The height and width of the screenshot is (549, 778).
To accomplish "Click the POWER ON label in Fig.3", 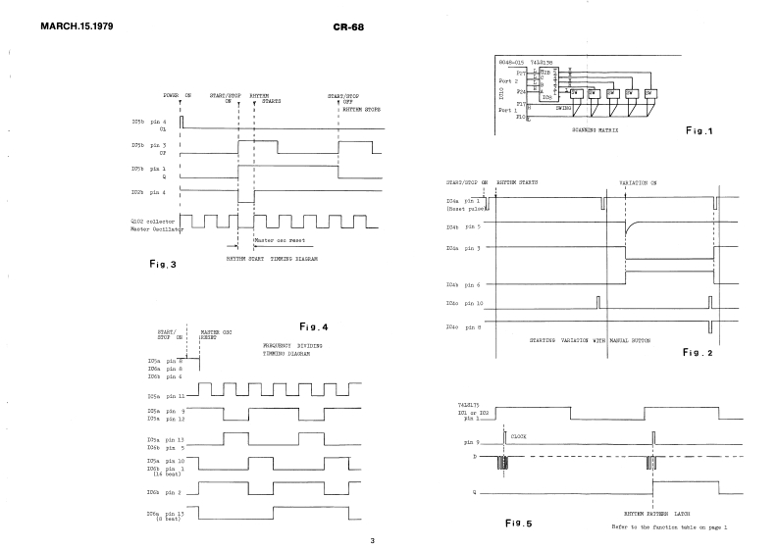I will (x=179, y=94).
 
